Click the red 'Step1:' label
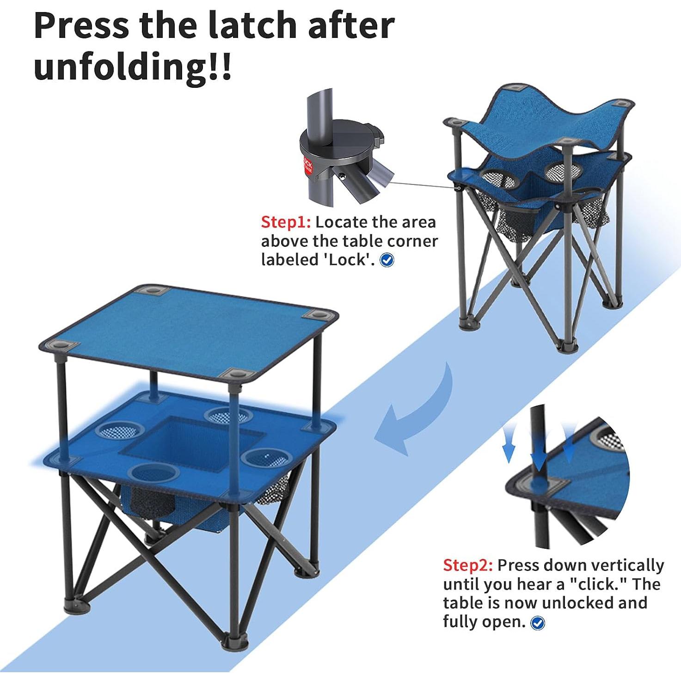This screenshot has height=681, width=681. tap(286, 222)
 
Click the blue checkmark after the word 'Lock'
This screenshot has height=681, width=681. tap(387, 261)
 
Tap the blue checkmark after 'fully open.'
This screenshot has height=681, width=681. tap(537, 623)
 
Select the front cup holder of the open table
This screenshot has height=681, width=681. tap(153, 472)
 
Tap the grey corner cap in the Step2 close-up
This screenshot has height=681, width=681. tap(538, 485)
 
